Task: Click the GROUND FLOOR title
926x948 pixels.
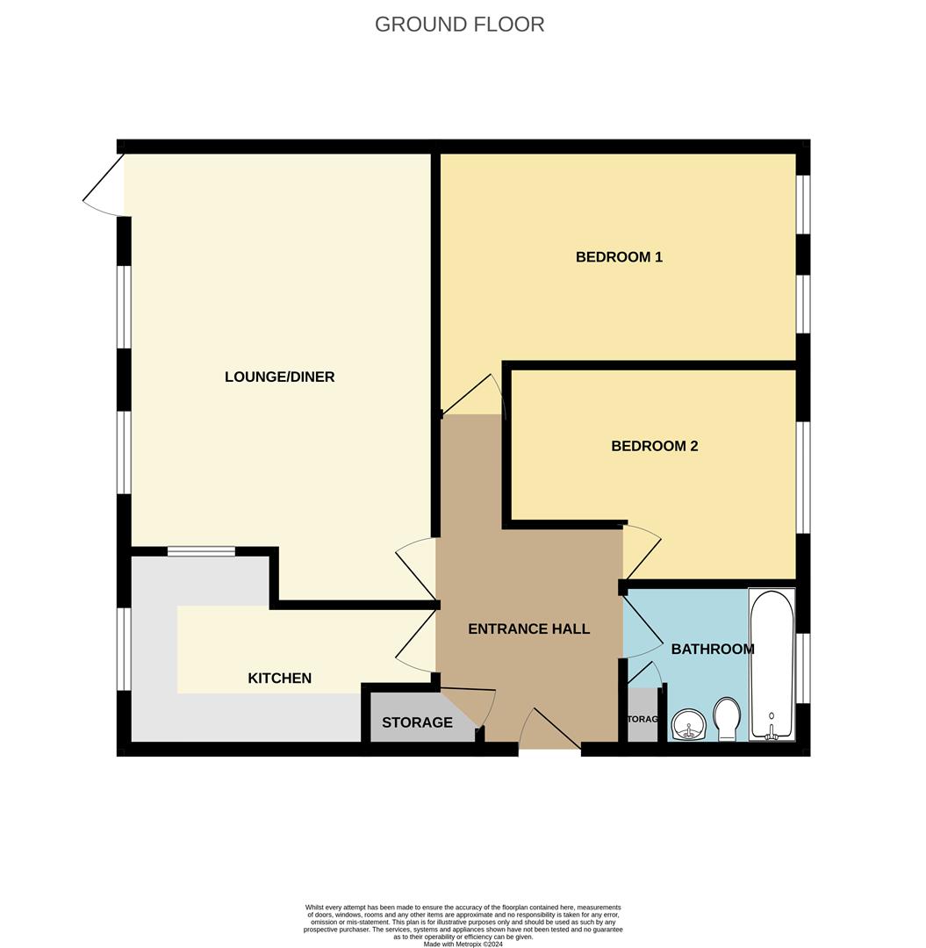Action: point(459,25)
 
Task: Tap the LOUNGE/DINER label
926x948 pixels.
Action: point(279,377)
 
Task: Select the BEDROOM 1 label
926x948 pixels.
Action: point(619,257)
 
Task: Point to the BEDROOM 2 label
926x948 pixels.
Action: point(654,446)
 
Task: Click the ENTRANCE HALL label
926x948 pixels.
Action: point(528,628)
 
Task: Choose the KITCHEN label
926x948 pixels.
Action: point(279,678)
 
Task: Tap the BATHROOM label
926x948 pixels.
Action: point(712,650)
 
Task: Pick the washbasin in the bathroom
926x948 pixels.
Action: point(689,726)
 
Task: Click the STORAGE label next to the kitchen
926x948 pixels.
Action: point(417,722)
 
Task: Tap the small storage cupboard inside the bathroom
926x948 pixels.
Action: point(642,719)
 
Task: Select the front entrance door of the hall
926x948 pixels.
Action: point(549,730)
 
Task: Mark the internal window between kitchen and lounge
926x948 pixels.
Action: point(201,551)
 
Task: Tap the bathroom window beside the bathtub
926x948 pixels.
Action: point(803,668)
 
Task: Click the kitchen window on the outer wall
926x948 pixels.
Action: point(125,649)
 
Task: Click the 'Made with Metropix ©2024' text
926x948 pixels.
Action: point(463,944)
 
